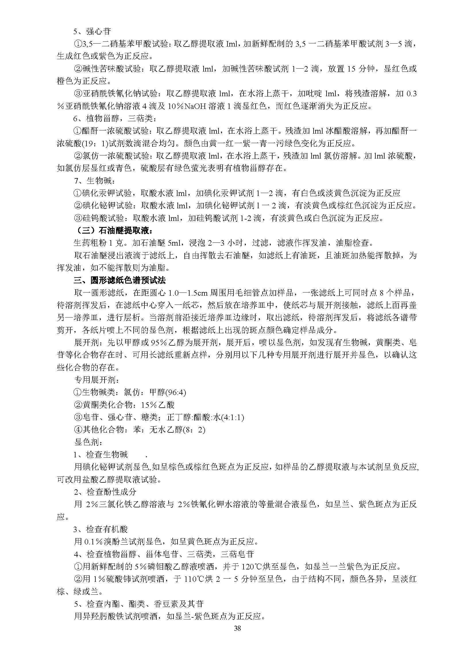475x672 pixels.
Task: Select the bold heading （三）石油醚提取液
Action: pos(113,231)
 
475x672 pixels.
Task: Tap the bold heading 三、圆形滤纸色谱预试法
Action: pos(119,280)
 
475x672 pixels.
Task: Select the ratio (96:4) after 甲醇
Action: pos(176,392)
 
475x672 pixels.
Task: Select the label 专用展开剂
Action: pos(96,380)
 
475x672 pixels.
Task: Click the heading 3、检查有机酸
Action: pos(101,529)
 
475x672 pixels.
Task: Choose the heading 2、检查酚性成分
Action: pos(105,492)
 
